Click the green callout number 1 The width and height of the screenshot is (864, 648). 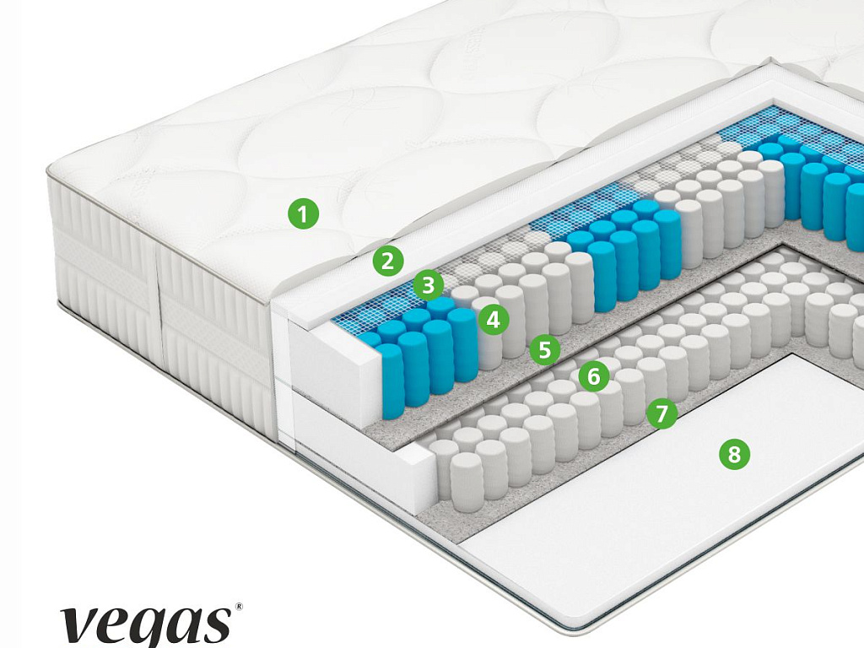[303, 213]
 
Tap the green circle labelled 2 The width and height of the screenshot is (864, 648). [387, 261]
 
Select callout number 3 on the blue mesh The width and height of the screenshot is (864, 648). [429, 285]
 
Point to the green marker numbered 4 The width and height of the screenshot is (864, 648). [493, 319]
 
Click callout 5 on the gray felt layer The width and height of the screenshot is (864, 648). [544, 348]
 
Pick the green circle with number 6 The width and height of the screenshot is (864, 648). [594, 376]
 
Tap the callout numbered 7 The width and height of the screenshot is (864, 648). [662, 413]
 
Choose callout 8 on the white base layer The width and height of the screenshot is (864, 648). [733, 455]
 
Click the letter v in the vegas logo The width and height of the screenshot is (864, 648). [79, 625]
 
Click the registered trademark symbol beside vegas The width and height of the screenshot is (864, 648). [238, 607]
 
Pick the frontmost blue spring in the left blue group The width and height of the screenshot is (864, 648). [391, 380]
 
